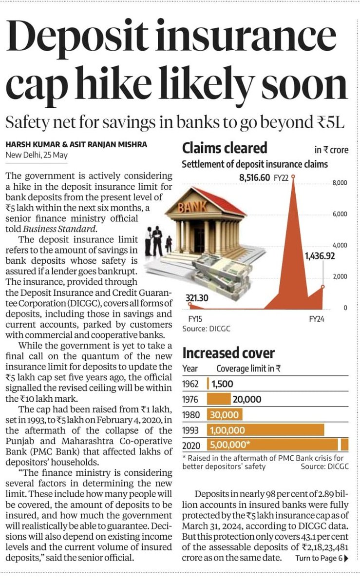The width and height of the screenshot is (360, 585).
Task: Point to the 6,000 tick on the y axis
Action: [x=339, y=214]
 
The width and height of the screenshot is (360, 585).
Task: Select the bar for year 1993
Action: [x=265, y=429]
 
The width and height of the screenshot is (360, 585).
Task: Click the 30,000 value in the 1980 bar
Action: [x=224, y=415]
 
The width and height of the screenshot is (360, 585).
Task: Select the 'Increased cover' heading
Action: [x=228, y=353]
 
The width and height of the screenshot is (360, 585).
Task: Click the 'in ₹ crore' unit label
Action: [x=331, y=150]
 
